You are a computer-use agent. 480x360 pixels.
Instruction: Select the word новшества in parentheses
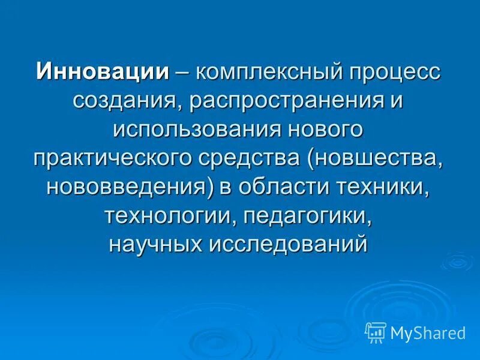pyautogui.click(x=380, y=157)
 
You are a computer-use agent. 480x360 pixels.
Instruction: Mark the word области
pyautogui.click(x=278, y=186)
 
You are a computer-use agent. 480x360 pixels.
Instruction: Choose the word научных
pyautogui.click(x=157, y=243)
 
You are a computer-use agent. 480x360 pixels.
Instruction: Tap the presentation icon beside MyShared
pyautogui.click(x=376, y=332)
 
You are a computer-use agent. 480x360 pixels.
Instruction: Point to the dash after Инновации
pyautogui.click(x=182, y=71)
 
